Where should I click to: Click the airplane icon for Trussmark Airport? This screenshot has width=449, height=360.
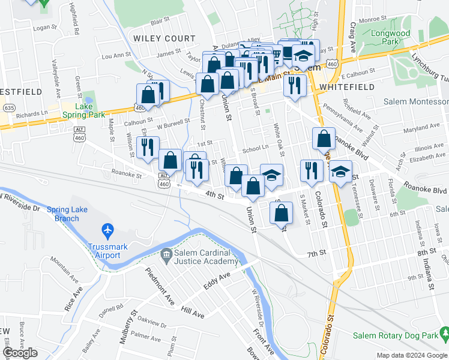(x=107, y=230)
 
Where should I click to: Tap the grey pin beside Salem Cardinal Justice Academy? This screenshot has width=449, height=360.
(x=166, y=256)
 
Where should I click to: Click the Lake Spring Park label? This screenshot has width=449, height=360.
(x=84, y=110)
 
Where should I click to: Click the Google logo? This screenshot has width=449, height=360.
(x=20, y=353)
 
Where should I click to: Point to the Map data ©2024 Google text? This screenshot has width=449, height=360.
(x=411, y=355)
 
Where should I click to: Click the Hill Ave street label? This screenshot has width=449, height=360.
(x=193, y=312)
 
